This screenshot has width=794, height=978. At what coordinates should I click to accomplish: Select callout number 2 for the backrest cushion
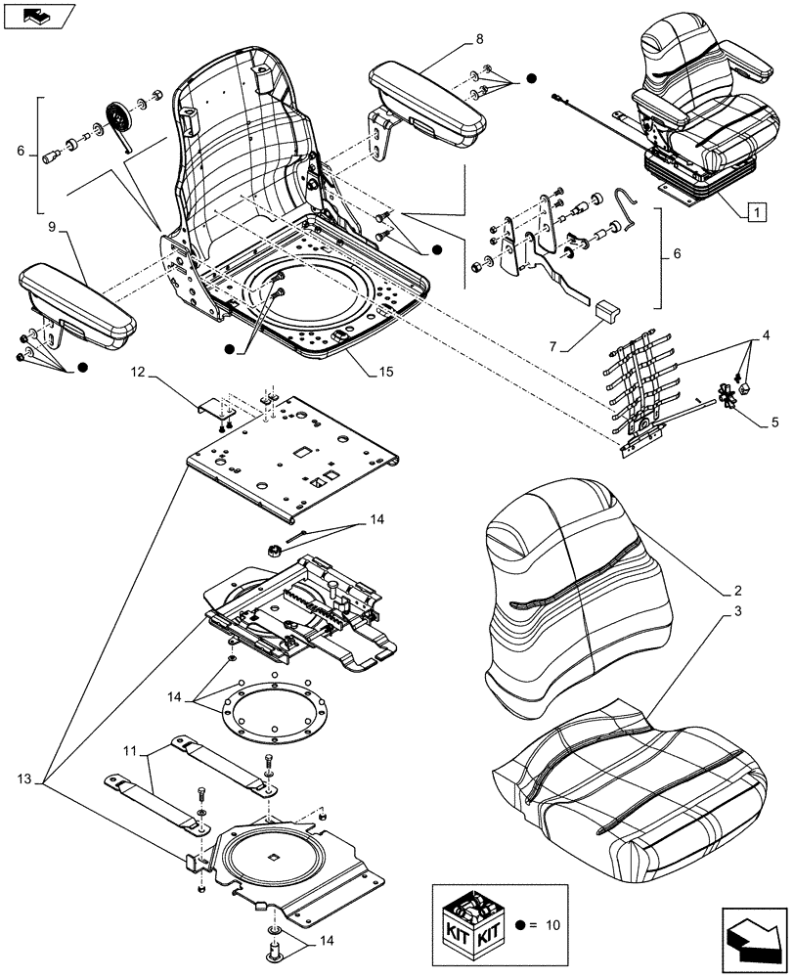(737, 592)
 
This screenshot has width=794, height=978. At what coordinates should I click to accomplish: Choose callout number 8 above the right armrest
(478, 40)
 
